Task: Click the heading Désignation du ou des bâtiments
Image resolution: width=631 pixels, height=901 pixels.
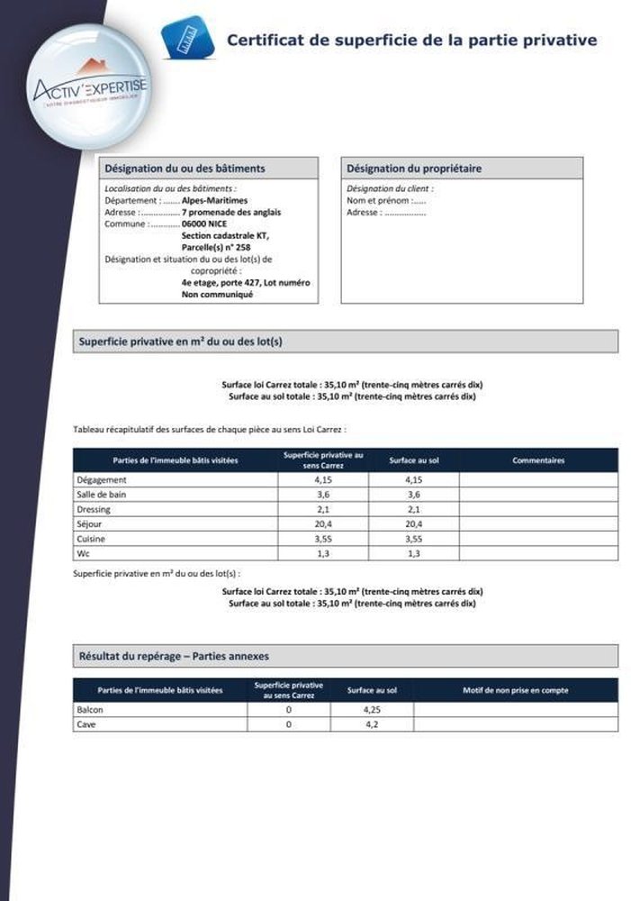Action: point(185,168)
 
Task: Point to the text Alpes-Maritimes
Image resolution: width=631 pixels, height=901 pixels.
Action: point(214,201)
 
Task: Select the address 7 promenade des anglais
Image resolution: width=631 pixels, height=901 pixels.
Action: point(231,213)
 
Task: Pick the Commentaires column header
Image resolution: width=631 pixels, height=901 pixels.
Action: point(538,460)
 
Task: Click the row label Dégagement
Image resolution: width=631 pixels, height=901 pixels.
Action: point(102,480)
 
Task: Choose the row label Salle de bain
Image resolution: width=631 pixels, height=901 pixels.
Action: point(103,495)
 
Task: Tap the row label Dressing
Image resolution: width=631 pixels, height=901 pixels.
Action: point(95,509)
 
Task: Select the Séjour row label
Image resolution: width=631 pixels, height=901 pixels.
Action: point(91,523)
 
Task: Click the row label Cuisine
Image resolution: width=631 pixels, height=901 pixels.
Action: point(93,538)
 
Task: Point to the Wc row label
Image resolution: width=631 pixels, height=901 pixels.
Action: point(85,553)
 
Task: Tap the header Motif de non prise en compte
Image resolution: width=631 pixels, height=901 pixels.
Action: point(515,690)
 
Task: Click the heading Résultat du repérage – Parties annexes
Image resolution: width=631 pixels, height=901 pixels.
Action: point(175,656)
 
